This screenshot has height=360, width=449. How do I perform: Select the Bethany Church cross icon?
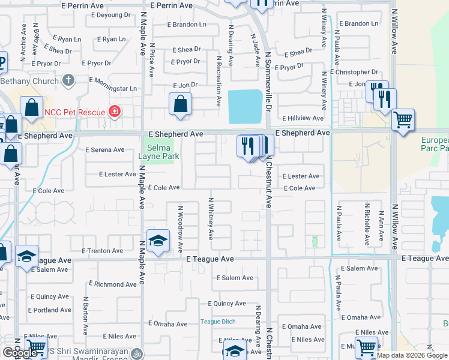click(68, 80)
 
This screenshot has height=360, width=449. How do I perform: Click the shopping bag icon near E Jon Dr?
click(180, 104)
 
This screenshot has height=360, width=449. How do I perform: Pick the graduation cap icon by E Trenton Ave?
click(158, 241)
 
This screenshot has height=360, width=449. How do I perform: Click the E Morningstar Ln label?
click(113, 88)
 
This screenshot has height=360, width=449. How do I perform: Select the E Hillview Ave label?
click(303, 118)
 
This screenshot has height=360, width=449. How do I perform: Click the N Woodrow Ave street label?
click(180, 229)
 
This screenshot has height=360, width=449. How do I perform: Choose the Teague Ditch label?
click(217, 322)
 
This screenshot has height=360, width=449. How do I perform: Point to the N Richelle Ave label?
click(367, 224)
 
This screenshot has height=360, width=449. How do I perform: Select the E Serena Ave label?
click(104, 150)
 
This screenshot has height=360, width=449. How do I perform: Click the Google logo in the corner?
click(20, 353)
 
